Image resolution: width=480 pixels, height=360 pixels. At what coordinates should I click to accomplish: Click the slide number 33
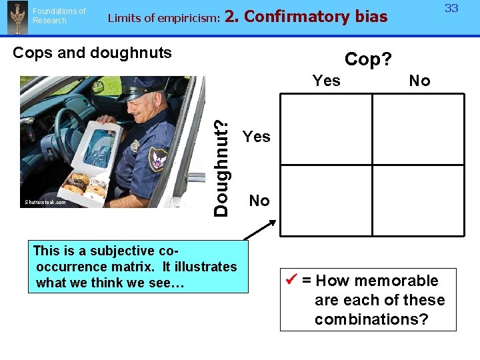pos(451,8)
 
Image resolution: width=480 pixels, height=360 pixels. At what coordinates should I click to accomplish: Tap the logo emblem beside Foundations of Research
pos(16,17)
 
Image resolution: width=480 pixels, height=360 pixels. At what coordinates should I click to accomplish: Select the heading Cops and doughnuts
pos(92,53)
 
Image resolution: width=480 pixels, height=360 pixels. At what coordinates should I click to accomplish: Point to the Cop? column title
pos(367,59)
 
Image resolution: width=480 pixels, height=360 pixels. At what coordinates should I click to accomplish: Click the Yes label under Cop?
pos(327,81)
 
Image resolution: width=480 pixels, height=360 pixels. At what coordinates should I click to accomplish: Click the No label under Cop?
pos(419,81)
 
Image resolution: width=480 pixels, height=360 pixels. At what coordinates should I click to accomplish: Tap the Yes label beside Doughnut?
pos(257,137)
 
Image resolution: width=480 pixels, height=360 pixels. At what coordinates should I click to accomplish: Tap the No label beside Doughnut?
pos(259,201)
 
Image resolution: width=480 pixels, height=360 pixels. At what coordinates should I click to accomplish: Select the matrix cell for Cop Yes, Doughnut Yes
pos(327,129)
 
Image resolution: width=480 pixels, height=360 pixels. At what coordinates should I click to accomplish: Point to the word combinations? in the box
pos(371,319)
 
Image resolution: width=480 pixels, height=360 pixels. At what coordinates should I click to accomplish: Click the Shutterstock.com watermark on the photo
pos(45,202)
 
